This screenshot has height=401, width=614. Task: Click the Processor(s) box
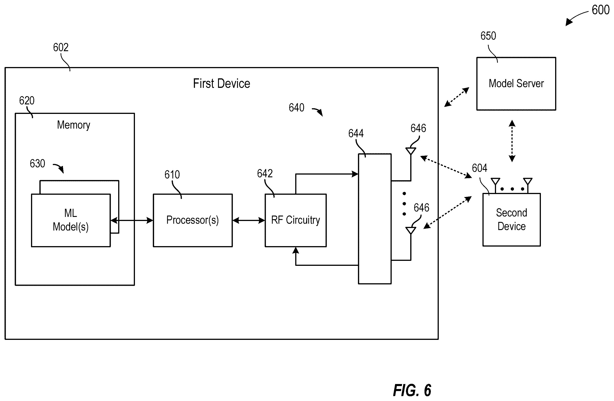coord(193,220)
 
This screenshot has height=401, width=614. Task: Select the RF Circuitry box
coord(296,220)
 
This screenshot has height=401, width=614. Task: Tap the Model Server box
coord(516,84)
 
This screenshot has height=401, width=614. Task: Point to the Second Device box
coord(512,220)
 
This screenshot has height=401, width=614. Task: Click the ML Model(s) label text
coord(71,220)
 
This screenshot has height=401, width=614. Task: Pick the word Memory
coord(74,125)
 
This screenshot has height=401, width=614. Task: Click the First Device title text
coord(222,84)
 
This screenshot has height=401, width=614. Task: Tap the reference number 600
coord(601,10)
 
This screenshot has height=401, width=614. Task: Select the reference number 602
coord(61,48)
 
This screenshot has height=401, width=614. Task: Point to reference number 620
coord(27,101)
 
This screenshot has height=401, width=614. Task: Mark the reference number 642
coord(265,173)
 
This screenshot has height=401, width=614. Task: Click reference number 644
coord(356,133)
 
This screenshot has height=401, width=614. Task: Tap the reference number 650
coord(488,36)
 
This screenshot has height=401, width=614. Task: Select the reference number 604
coord(480,168)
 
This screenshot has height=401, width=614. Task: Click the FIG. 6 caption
coord(412,390)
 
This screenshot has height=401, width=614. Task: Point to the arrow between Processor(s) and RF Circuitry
coord(249,220)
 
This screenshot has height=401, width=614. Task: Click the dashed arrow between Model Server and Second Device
coord(512,141)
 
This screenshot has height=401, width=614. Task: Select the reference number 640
coord(296,108)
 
